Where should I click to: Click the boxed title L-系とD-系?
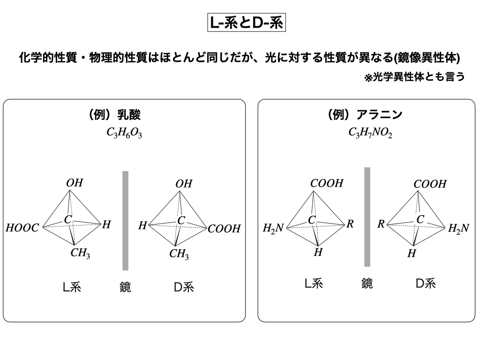pyautogui.click(x=246, y=23)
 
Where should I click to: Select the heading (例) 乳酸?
pyautogui.click(x=115, y=115)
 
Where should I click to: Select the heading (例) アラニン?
pyautogui.click(x=366, y=115)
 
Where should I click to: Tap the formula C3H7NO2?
pyautogui.click(x=370, y=133)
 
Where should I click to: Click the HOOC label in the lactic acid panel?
pyautogui.click(x=22, y=229)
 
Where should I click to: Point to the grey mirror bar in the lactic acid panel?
pyautogui.click(x=125, y=220)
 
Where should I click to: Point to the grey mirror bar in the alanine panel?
pyautogui.click(x=367, y=217)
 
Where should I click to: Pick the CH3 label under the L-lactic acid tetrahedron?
pyautogui.click(x=80, y=254)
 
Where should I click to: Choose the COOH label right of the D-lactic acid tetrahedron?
pyautogui.click(x=224, y=229)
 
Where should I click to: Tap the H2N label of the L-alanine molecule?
pyautogui.click(x=273, y=229)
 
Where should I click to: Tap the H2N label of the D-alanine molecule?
pyautogui.click(x=458, y=228)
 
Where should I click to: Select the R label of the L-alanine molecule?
pyautogui.click(x=350, y=224)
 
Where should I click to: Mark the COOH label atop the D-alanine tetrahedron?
pyautogui.click(x=430, y=184)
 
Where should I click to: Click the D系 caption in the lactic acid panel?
pyautogui.click(x=184, y=287)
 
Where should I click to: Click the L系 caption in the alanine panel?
pyautogui.click(x=314, y=283)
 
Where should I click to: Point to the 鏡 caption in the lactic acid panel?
pyautogui.click(x=125, y=287)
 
